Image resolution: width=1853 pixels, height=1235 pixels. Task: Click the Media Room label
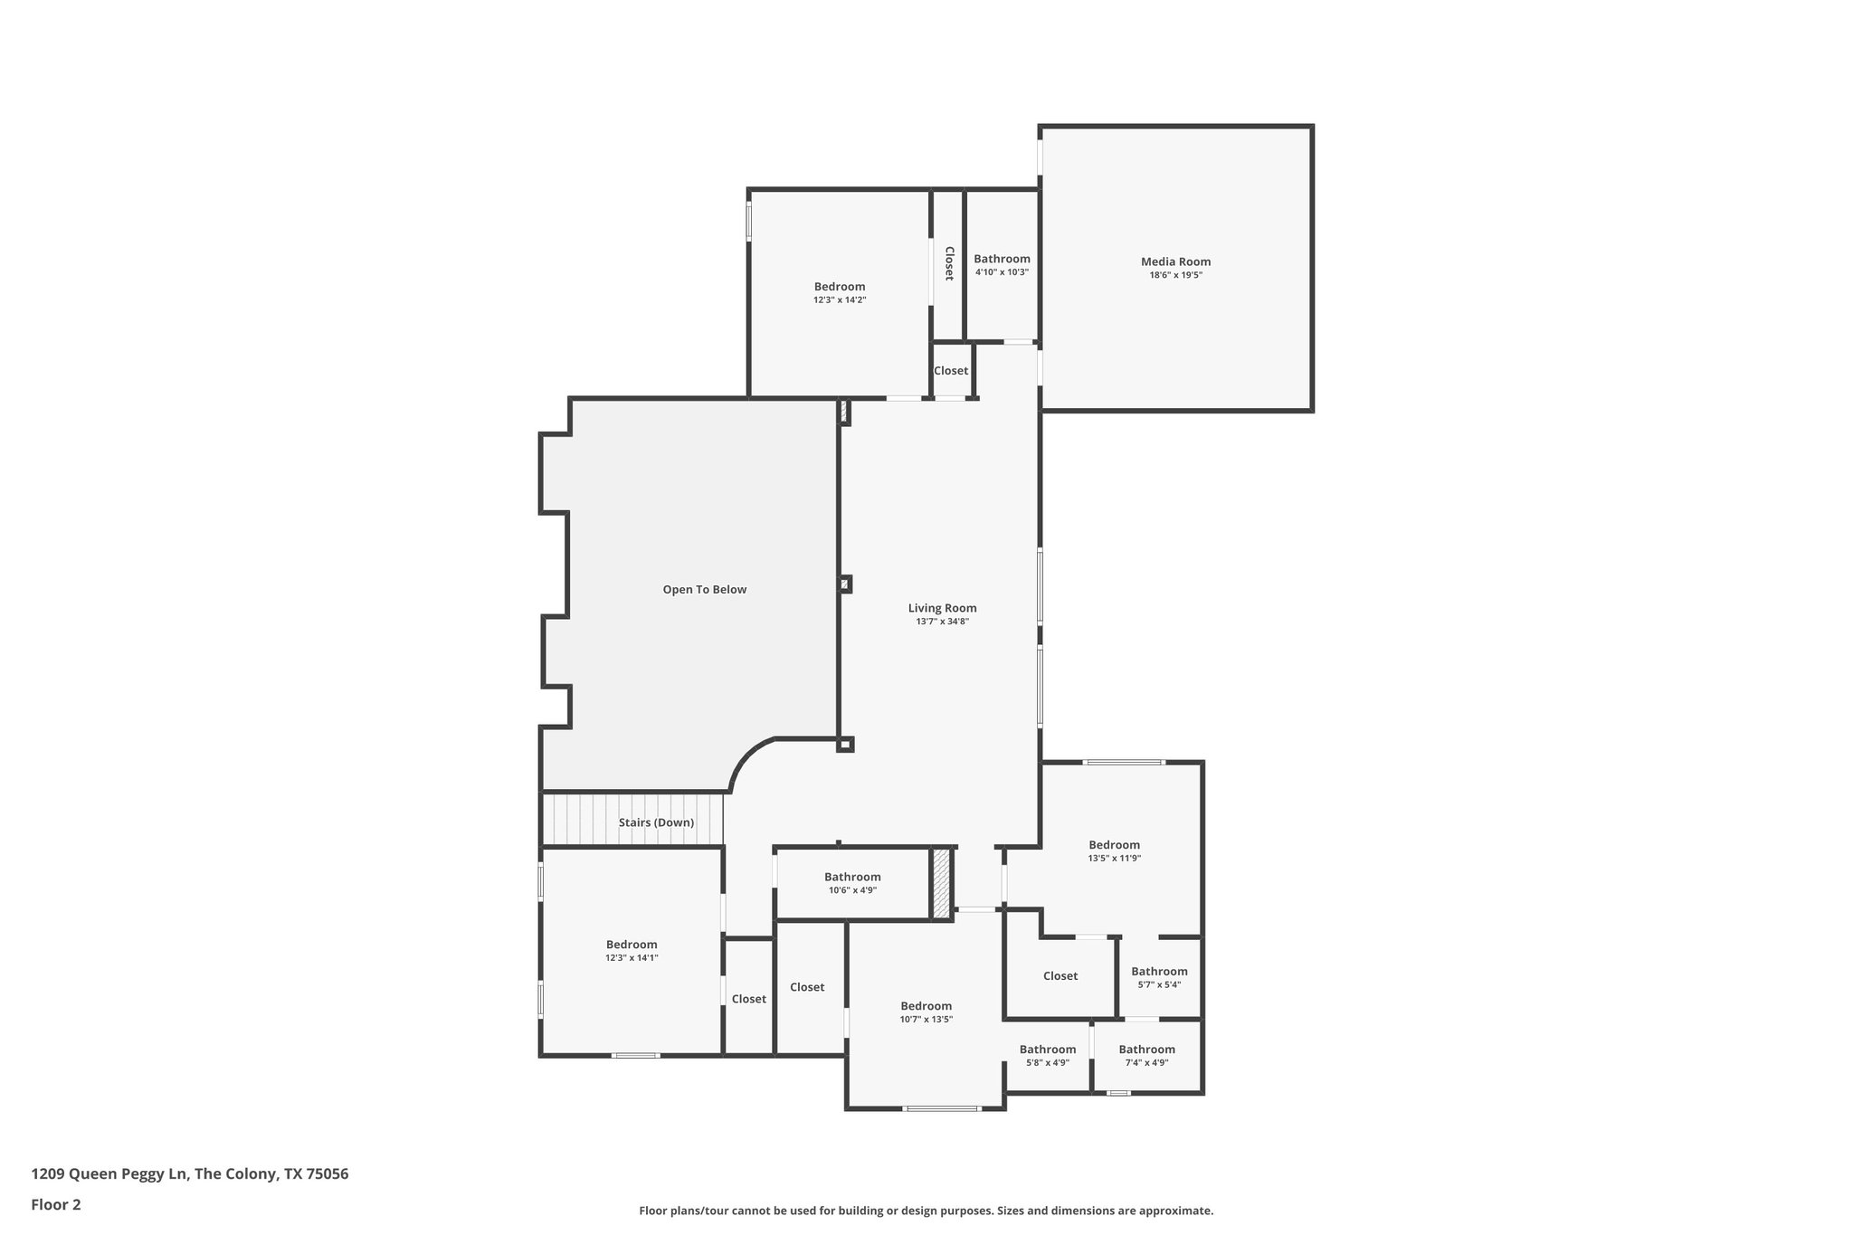point(1175,262)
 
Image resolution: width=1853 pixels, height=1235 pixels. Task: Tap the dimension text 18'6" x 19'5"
point(1175,275)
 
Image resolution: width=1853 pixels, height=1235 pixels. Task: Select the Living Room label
point(942,608)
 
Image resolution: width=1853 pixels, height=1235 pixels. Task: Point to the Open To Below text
point(704,590)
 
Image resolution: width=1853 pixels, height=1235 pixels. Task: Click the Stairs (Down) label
point(656,822)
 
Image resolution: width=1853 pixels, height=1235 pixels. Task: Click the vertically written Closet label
point(949,263)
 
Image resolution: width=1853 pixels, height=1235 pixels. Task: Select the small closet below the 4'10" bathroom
point(951,371)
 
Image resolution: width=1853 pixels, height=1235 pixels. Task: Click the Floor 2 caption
point(56,1204)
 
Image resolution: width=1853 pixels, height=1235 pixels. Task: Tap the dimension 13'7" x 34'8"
point(942,622)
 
